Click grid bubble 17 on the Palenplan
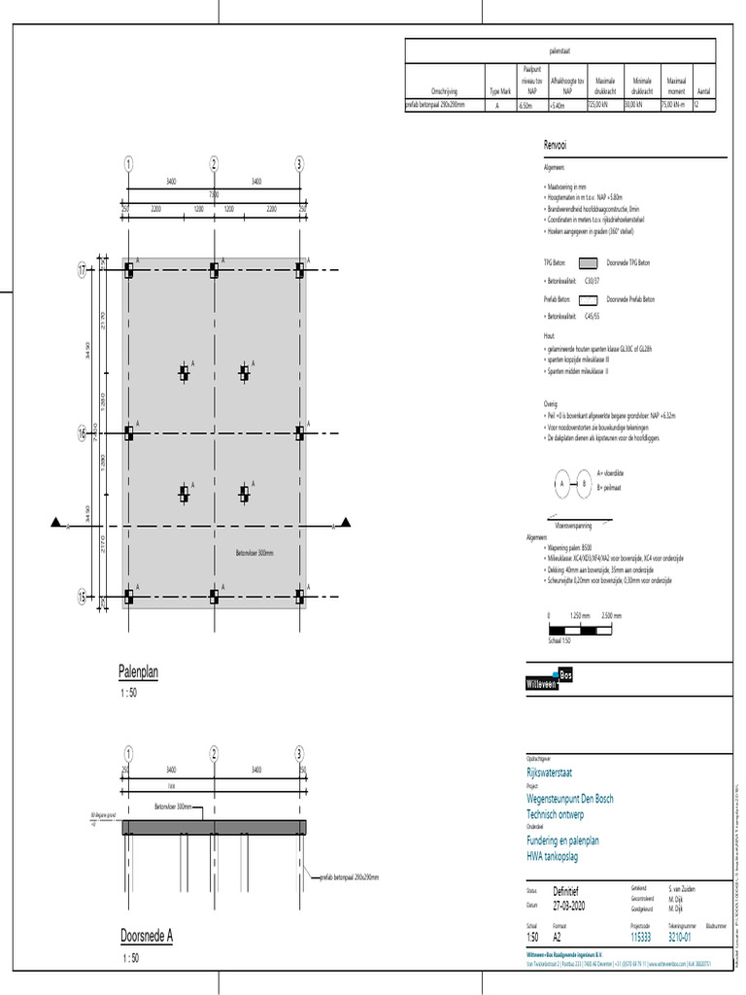83,269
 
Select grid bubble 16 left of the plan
83,434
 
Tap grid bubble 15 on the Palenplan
83,597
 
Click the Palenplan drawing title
138,671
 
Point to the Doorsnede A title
146,936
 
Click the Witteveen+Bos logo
550,681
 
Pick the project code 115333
640,937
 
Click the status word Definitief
570,890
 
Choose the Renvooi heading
556,146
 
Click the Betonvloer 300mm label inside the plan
254,553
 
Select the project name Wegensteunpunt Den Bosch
569,799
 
